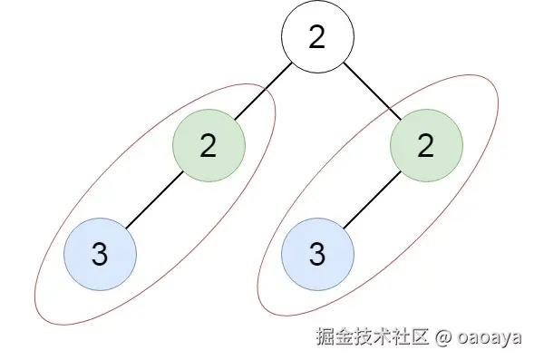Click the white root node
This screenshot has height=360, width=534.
[x=317, y=36]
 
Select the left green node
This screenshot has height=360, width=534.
[x=209, y=145]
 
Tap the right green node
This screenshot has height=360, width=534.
[x=426, y=145]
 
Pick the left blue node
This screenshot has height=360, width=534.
[x=100, y=254]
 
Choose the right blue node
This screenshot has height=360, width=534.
[x=317, y=254]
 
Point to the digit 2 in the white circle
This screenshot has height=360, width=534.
[x=316, y=37]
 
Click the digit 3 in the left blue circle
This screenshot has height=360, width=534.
[x=100, y=254]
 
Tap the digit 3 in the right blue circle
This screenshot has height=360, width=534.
[x=317, y=254]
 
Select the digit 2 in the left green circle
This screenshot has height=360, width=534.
[x=209, y=145]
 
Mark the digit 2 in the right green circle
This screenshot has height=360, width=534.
[x=426, y=145]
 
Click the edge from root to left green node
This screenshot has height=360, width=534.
[x=263, y=91]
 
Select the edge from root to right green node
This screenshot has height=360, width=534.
[x=373, y=91]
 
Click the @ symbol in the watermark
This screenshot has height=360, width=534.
[x=443, y=336]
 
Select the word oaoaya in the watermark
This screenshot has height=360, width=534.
[x=490, y=337]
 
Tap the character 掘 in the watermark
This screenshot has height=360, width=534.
[x=325, y=336]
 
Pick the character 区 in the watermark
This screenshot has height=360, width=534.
[x=419, y=336]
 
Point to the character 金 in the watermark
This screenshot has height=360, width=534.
[x=344, y=336]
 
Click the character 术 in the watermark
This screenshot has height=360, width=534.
[x=382, y=336]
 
